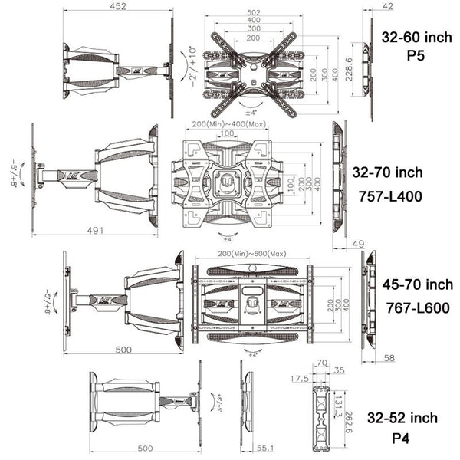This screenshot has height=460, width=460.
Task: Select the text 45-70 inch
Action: point(418,284)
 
